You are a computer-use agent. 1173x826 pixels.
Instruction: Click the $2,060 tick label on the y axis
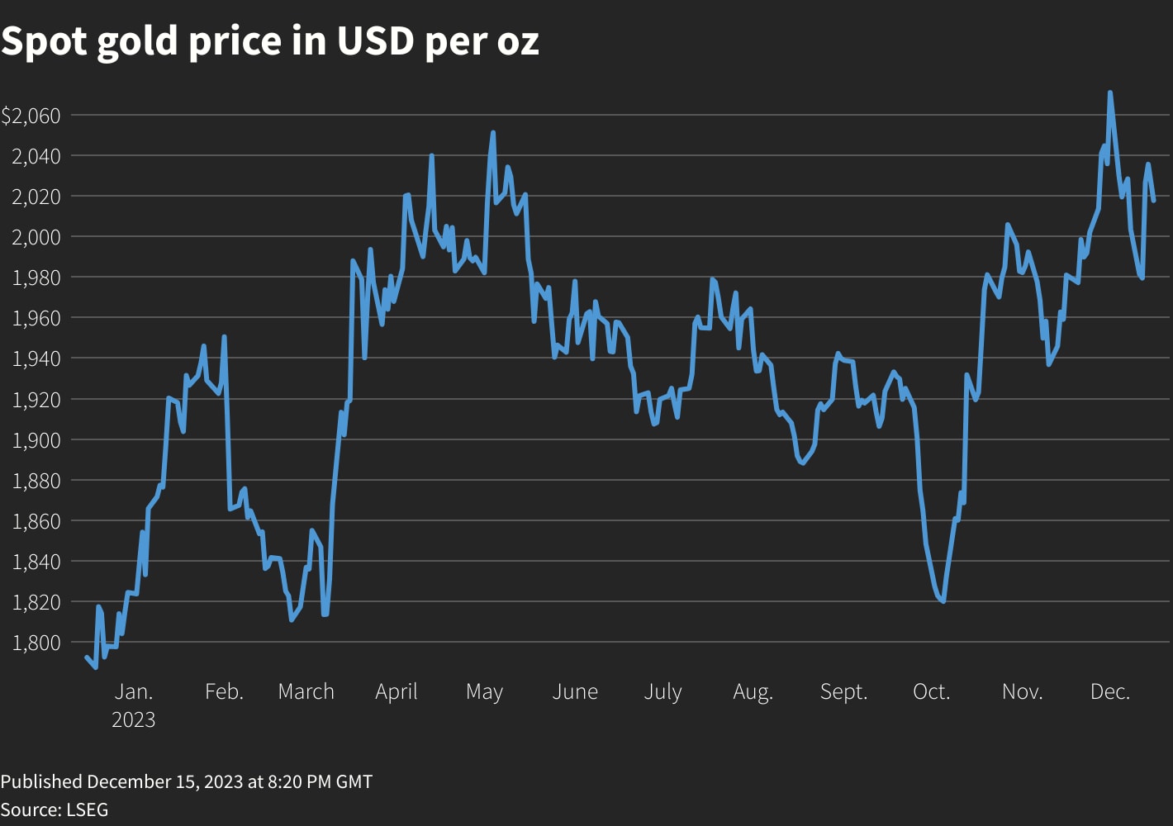coord(31,116)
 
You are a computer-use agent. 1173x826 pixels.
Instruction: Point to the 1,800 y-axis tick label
coord(36,643)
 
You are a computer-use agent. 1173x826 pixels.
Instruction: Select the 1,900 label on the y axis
coord(36,439)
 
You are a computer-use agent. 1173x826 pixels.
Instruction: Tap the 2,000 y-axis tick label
coord(36,237)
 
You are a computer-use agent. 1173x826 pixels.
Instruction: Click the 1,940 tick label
coord(36,358)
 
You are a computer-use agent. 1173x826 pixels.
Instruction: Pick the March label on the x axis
coord(306,691)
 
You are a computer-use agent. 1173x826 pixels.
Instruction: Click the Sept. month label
coord(843,691)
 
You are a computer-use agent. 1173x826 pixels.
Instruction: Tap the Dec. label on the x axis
coord(1109,691)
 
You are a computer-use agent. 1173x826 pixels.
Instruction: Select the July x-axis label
coord(662,691)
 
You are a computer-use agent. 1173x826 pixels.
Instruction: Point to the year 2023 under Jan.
coord(133,719)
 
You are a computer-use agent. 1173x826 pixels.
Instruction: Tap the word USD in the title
coord(374,41)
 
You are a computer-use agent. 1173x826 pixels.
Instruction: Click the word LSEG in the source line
coord(86,809)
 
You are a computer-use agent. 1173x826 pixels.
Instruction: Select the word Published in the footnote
coord(41,781)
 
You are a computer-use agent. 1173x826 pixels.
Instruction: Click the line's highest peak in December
coord(1109,93)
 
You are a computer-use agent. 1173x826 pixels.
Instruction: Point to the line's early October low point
coord(943,601)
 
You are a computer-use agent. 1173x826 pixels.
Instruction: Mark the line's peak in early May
coord(493,132)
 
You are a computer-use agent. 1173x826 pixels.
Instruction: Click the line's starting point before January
coord(86,657)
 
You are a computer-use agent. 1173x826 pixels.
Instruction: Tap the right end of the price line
coord(1154,200)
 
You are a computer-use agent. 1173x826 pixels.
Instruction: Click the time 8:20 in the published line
coord(286,781)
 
